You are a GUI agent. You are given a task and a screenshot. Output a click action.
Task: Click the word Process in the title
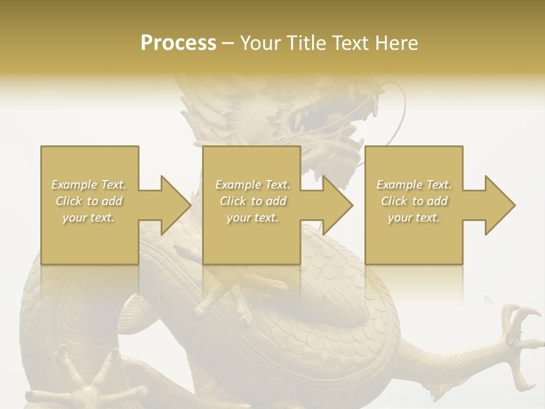(x=178, y=43)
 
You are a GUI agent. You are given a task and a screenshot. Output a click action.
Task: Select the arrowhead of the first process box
(x=175, y=205)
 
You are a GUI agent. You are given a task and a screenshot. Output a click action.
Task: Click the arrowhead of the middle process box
(x=337, y=205)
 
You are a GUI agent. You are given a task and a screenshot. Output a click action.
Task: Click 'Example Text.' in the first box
(x=89, y=185)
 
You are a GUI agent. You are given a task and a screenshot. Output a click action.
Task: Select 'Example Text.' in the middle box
(x=253, y=185)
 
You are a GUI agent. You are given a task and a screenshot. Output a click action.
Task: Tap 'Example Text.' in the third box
(x=414, y=185)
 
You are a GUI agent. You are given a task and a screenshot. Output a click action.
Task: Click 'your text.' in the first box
(x=89, y=218)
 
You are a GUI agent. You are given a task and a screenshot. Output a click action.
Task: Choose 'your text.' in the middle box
(x=253, y=218)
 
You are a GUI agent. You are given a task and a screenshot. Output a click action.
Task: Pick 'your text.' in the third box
(x=414, y=218)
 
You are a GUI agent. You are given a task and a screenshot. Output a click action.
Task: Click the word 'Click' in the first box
(x=69, y=201)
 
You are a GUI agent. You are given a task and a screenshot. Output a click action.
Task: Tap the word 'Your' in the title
(x=261, y=43)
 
